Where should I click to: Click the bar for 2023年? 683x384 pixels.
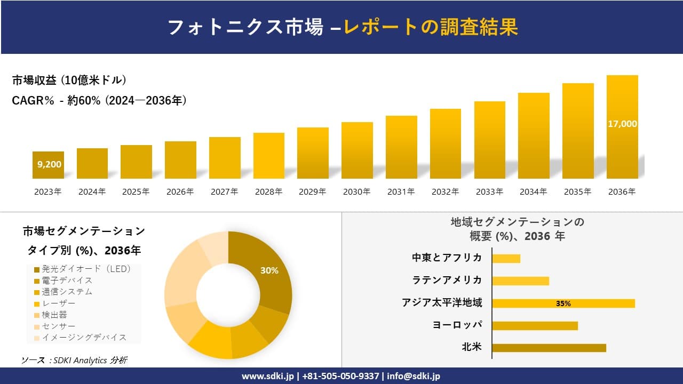click(x=48, y=165)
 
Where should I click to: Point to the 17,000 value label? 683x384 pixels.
click(x=622, y=124)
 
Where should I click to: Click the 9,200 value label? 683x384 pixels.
click(x=49, y=164)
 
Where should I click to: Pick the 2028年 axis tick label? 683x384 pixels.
click(x=268, y=192)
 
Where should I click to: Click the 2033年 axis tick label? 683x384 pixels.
click(x=489, y=192)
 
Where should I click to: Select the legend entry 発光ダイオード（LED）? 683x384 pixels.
click(x=82, y=269)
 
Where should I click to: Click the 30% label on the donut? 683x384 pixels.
click(x=269, y=270)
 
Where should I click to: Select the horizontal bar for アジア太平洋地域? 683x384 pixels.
click(x=563, y=303)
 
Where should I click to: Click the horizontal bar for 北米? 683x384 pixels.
click(x=549, y=348)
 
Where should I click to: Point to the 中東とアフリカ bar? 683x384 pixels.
click(x=506, y=258)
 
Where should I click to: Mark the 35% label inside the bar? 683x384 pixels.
click(x=563, y=303)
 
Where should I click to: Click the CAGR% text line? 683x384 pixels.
click(x=99, y=100)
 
